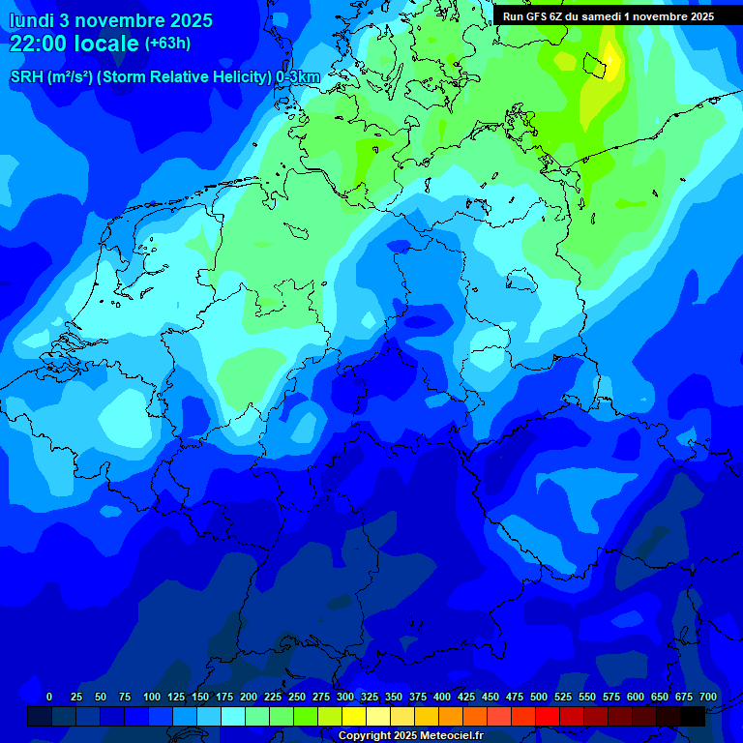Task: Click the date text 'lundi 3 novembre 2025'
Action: point(110,20)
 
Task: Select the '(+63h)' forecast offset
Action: point(167,44)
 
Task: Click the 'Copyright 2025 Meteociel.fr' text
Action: point(410,736)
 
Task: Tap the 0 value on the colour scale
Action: point(49,697)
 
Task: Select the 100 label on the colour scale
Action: point(152,697)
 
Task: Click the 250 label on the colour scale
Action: point(297,697)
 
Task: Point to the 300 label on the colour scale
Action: point(345,697)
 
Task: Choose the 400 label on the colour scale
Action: point(442,697)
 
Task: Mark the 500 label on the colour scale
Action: point(539,697)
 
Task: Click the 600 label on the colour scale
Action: point(636,697)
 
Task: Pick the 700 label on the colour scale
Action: point(708,697)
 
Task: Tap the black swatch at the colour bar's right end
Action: point(693,716)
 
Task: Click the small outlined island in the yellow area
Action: point(601,65)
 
